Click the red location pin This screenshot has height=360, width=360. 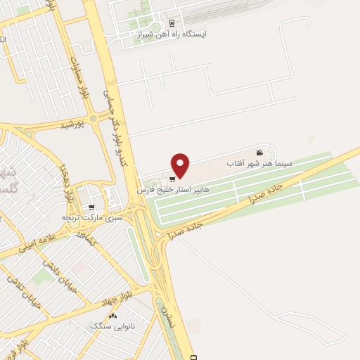tap(181, 165)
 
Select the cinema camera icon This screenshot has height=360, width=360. tap(259, 153)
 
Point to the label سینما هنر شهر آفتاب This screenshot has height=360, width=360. tap(249, 163)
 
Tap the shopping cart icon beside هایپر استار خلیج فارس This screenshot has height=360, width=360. tap(172, 179)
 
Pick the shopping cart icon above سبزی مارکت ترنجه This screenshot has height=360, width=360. tap(91, 207)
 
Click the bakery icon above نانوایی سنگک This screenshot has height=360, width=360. tap(112, 316)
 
